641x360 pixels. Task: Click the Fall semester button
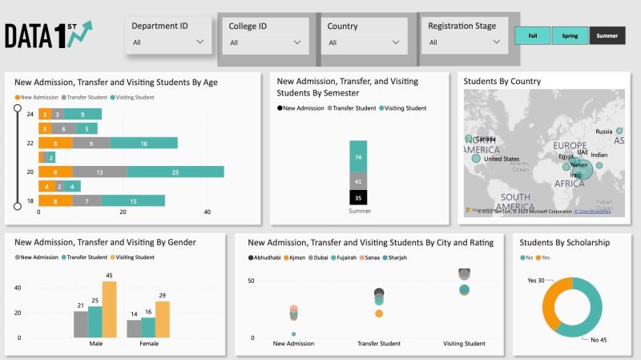click(533, 36)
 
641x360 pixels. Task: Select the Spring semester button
click(570, 36)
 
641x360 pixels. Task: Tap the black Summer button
click(607, 36)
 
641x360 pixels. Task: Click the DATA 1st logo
click(48, 36)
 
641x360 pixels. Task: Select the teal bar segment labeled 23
click(175, 172)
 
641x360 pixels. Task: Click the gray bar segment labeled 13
click(99, 172)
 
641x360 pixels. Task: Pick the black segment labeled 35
click(357, 196)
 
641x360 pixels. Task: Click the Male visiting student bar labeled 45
click(109, 309)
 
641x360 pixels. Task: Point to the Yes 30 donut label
click(535, 280)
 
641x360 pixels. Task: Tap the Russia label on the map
click(603, 131)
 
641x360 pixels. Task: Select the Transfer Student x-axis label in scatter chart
click(379, 343)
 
